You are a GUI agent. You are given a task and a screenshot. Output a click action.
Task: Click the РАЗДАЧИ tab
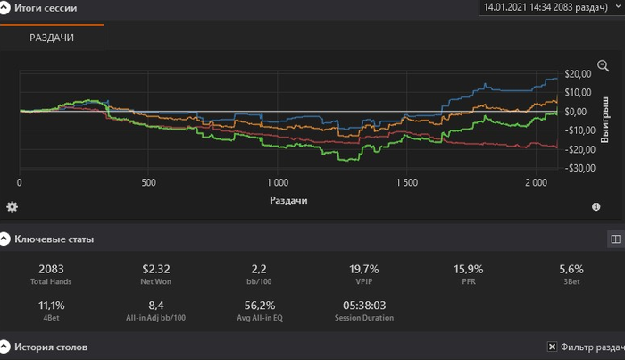52,38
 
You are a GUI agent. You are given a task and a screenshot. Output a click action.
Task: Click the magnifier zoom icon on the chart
603,66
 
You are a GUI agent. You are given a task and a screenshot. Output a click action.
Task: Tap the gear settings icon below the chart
12,207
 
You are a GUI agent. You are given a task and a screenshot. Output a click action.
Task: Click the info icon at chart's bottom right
596,207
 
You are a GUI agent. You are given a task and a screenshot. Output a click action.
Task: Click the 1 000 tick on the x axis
277,182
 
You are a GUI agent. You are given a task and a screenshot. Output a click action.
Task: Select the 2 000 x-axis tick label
536,182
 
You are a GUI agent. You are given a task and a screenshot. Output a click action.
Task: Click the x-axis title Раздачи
289,200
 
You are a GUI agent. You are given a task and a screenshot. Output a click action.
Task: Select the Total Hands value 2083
51,269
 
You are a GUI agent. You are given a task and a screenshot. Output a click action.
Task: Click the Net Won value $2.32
155,269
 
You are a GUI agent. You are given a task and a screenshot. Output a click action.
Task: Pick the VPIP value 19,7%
363,269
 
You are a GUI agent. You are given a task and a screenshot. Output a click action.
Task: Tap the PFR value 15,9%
467,269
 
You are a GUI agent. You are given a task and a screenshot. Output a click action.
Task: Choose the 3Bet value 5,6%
571,269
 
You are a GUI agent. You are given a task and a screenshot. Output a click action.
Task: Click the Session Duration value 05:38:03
363,305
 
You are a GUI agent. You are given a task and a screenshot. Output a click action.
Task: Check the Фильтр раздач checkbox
553,347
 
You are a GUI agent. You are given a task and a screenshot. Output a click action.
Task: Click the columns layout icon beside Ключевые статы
614,239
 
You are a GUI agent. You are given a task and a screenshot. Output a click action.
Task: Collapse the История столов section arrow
5,347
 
